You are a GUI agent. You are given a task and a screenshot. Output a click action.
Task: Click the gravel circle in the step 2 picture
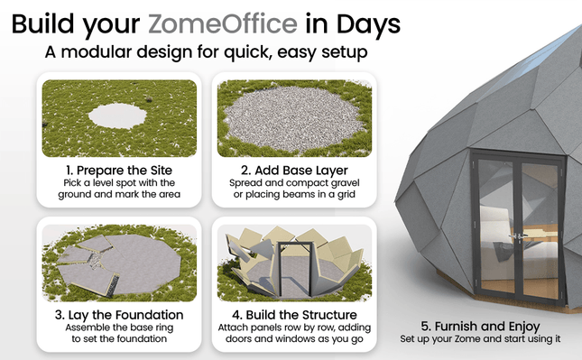point(294,114)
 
